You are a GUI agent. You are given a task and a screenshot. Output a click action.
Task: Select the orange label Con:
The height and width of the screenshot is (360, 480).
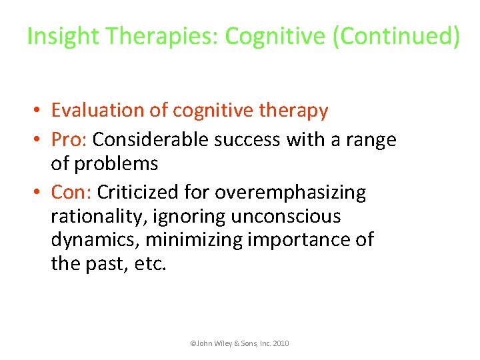click(x=71, y=193)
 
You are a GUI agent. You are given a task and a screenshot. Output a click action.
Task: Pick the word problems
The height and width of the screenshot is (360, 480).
click(x=117, y=163)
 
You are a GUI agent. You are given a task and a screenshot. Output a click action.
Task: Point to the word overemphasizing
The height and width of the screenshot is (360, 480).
click(x=290, y=193)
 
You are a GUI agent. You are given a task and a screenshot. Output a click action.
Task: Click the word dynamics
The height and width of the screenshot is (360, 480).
click(x=94, y=239)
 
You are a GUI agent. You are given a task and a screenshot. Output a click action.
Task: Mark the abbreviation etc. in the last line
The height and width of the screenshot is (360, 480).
click(x=151, y=263)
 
